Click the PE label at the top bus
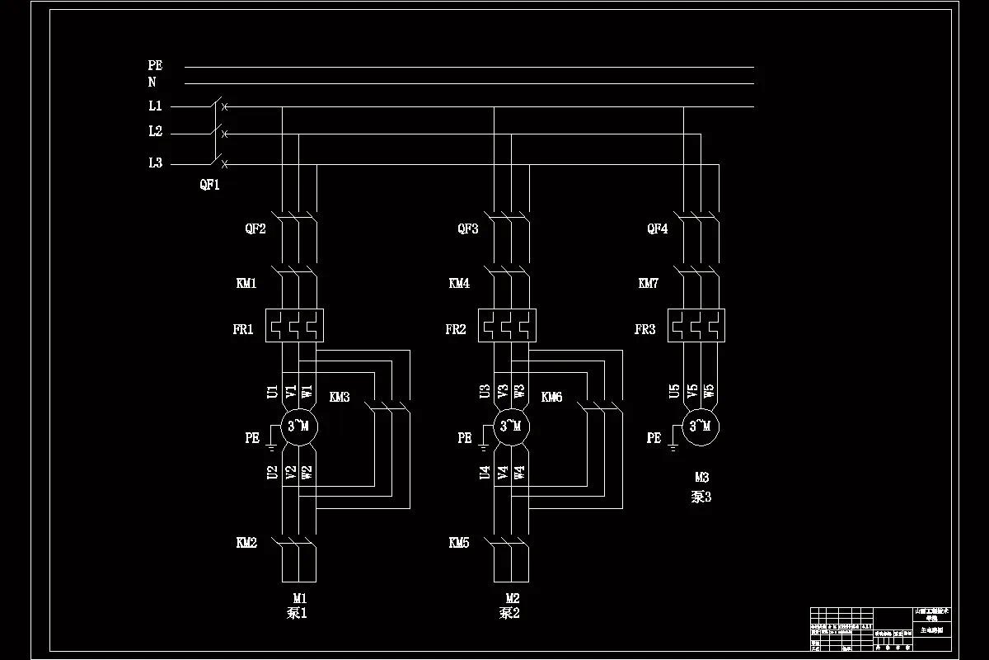pyautogui.click(x=155, y=65)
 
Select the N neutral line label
pyautogui.click(x=152, y=82)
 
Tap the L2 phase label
pyautogui.click(x=155, y=132)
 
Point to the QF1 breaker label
pyautogui.click(x=209, y=185)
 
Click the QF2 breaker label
pyautogui.click(x=255, y=229)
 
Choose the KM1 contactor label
pyautogui.click(x=246, y=284)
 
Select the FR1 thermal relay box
pyautogui.click(x=294, y=325)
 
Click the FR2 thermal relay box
pyautogui.click(x=507, y=325)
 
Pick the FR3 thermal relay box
pyautogui.click(x=696, y=325)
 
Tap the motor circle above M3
pyautogui.click(x=700, y=426)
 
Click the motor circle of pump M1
pyautogui.click(x=298, y=426)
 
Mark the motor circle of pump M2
pyautogui.click(x=512, y=426)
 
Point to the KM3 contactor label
pyautogui.click(x=340, y=398)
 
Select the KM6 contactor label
pyautogui.click(x=551, y=398)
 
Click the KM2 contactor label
pyautogui.click(x=246, y=543)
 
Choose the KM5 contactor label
pyautogui.click(x=459, y=543)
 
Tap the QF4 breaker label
pyautogui.click(x=657, y=229)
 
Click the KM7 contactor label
pyautogui.click(x=649, y=284)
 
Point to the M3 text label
pyautogui.click(x=701, y=477)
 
